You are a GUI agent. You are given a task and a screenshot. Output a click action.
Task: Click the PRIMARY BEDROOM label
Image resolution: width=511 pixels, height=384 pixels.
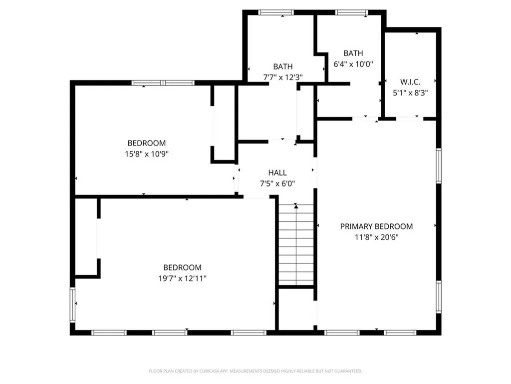pos(376,226)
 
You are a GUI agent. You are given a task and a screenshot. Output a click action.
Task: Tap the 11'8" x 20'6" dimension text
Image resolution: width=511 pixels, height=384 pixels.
pos(376,237)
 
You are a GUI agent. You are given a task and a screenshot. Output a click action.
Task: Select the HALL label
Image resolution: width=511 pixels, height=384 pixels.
pos(277,172)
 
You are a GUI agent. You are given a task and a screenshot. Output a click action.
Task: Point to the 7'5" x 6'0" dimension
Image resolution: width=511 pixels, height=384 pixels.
pos(277,183)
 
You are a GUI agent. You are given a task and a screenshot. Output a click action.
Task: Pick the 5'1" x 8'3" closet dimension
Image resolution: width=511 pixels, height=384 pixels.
pos(411,92)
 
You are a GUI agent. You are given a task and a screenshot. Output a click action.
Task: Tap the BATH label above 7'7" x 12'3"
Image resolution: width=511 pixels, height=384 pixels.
pos(283,66)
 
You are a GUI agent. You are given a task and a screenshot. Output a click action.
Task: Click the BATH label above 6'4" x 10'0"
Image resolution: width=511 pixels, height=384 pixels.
pos(353,53)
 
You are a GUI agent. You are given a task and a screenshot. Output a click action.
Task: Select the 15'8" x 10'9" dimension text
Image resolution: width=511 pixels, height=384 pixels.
pos(146,154)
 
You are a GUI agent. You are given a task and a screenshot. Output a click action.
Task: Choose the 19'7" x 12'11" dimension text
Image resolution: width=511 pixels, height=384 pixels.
pos(182,278)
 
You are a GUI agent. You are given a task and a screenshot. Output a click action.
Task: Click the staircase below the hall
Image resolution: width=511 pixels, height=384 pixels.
pos(296,245)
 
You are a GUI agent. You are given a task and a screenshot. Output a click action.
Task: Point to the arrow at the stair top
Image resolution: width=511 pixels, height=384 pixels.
pos(296,205)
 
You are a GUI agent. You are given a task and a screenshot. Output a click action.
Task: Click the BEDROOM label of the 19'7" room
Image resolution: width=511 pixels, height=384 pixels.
pos(182,267)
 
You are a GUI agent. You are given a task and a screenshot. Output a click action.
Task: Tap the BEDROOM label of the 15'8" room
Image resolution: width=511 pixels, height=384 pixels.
pos(146,143)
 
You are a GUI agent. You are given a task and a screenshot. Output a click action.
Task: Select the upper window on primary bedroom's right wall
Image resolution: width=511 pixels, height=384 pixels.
pos(439,165)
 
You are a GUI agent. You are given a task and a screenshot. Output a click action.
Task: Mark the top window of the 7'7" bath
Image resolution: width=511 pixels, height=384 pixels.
pos(276,12)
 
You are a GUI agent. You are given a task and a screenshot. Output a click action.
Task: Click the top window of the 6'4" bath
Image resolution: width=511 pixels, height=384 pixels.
pos(351,12)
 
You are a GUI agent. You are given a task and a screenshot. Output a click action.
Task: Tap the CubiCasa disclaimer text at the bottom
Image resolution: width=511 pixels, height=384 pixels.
pos(255,371)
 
